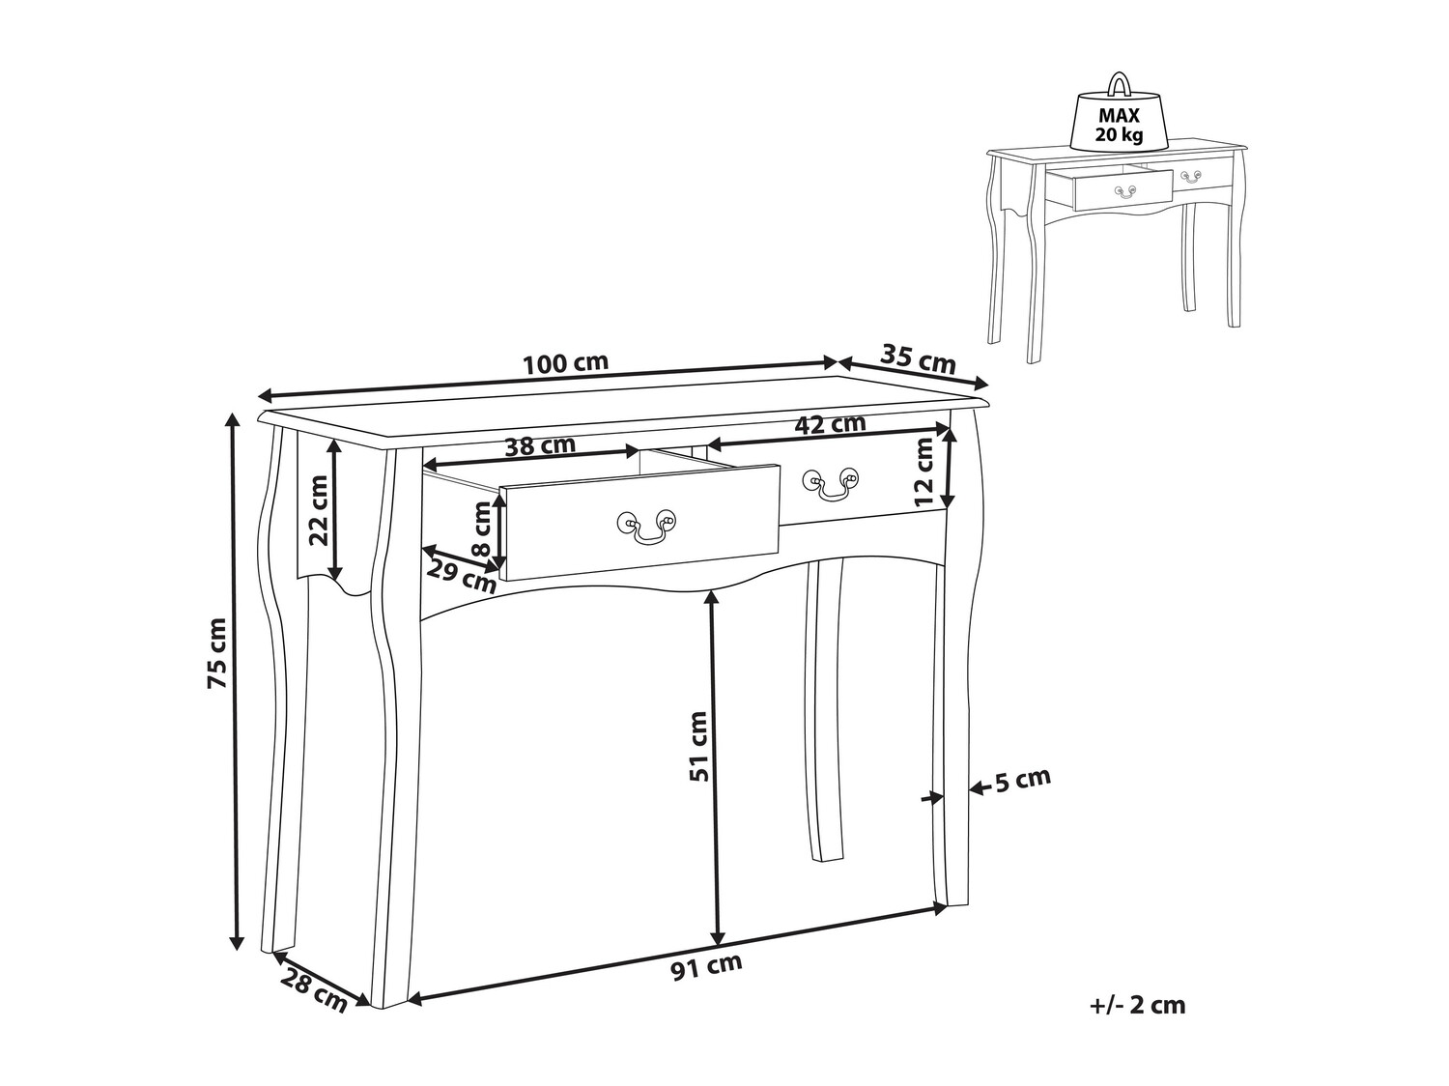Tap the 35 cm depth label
pos(918,358)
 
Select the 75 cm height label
pos(217,653)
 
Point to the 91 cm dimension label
pos(706,967)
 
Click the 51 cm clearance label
pos(697,746)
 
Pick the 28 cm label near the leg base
pos(313,988)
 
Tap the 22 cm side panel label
pos(319,510)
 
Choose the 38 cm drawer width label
pos(540,445)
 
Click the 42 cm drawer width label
pos(830,424)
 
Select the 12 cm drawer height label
pos(924,472)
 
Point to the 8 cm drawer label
pos(483,529)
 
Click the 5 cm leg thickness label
pos(1023,779)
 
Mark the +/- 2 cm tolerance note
pos(1137,1005)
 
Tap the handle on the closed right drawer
pos(831,482)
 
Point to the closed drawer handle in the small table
pos(1189,176)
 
